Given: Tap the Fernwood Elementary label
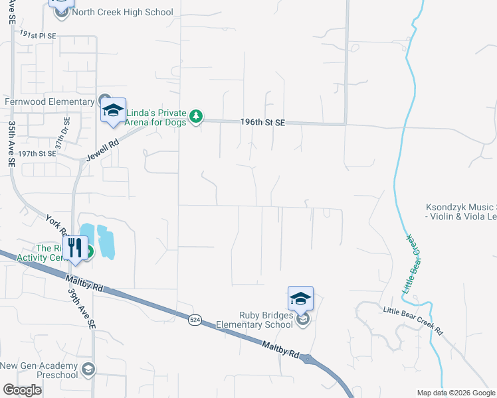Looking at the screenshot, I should pyautogui.click(x=49, y=102).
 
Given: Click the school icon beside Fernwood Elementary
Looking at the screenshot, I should pyautogui.click(x=114, y=111).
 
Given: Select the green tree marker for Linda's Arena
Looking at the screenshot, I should pyautogui.click(x=195, y=117).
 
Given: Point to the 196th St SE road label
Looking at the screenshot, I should pyautogui.click(x=262, y=123).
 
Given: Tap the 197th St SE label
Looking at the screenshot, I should pyautogui.click(x=37, y=153).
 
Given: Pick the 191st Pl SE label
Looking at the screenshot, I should pyautogui.click(x=39, y=33).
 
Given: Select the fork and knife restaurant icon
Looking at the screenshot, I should pyautogui.click(x=77, y=249).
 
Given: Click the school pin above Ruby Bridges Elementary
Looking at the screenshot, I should pyautogui.click(x=300, y=299).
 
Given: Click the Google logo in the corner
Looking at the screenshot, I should pyautogui.click(x=23, y=390).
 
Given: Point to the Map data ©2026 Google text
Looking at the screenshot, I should pyautogui.click(x=456, y=393).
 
